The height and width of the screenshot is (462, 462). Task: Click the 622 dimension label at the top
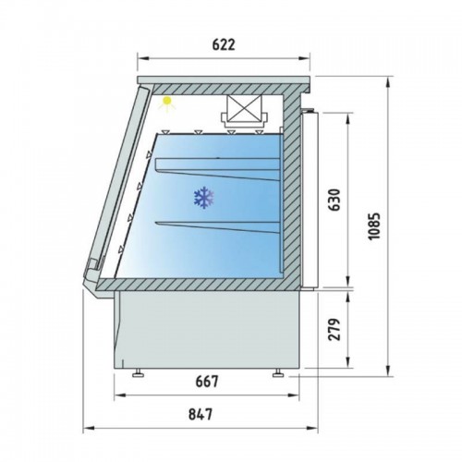[223, 43]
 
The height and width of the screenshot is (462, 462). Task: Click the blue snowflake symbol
[202, 196]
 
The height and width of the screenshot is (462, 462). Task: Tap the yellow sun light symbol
[168, 103]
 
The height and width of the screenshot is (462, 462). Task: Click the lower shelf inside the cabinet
[222, 225]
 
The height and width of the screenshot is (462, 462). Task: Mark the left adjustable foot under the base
[139, 373]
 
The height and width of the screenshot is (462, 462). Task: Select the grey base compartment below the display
[208, 331]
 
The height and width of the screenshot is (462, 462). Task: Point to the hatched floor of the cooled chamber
[203, 284]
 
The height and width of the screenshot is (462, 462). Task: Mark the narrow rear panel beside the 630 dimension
[311, 199]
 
